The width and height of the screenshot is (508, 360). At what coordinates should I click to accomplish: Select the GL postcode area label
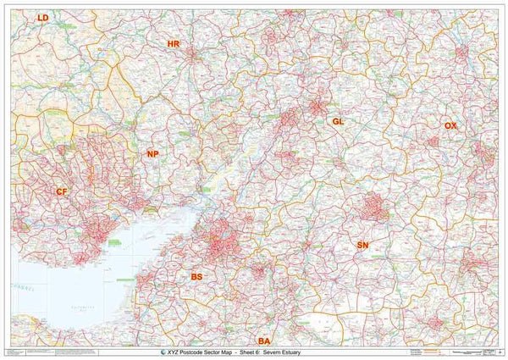(338, 121)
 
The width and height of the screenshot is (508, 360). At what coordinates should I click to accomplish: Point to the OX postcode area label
(450, 125)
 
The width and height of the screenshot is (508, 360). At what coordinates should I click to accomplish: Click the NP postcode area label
(152, 154)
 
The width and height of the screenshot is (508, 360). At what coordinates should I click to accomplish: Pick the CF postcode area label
(62, 192)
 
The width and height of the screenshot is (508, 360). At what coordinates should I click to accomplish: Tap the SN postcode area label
(363, 245)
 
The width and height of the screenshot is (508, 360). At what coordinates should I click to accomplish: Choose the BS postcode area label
(197, 277)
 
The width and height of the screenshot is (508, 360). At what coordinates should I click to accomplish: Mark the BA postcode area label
(264, 341)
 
